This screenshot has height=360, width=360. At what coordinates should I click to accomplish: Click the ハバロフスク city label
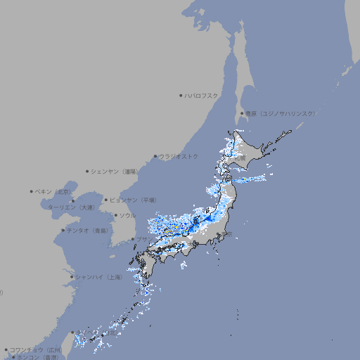pyautogui.click(x=202, y=95)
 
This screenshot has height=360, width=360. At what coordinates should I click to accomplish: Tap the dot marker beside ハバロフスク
pyautogui.click(x=181, y=95)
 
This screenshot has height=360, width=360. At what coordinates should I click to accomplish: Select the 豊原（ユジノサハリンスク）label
pyautogui.click(x=281, y=113)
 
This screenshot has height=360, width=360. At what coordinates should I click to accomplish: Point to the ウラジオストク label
pyautogui.click(x=179, y=156)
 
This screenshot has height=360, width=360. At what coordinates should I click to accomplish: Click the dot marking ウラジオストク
pyautogui.click(x=155, y=156)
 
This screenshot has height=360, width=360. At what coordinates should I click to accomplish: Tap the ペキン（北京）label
pyautogui.click(x=54, y=191)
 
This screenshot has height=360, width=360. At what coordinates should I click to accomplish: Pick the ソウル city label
pyautogui.click(x=127, y=215)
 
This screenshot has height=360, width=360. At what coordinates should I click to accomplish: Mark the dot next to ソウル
pyautogui.click(x=115, y=215)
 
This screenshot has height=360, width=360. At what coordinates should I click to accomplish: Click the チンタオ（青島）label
pyautogui.click(x=88, y=230)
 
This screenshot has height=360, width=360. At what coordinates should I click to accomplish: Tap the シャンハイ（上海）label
pyautogui.click(x=98, y=277)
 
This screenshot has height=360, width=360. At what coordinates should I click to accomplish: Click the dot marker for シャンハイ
pyautogui.click(x=72, y=277)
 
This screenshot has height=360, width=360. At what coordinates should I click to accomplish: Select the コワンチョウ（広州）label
pyautogui.click(x=35, y=349)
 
